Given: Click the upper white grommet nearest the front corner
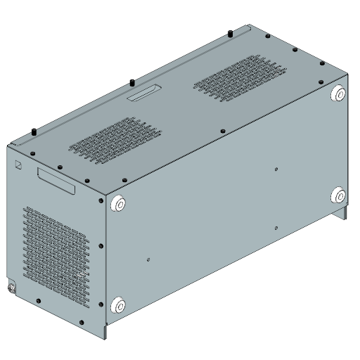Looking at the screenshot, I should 118,204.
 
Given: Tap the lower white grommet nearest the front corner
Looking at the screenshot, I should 118,305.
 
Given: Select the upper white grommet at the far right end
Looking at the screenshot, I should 338,94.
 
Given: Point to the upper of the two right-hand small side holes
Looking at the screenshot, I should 276,169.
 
